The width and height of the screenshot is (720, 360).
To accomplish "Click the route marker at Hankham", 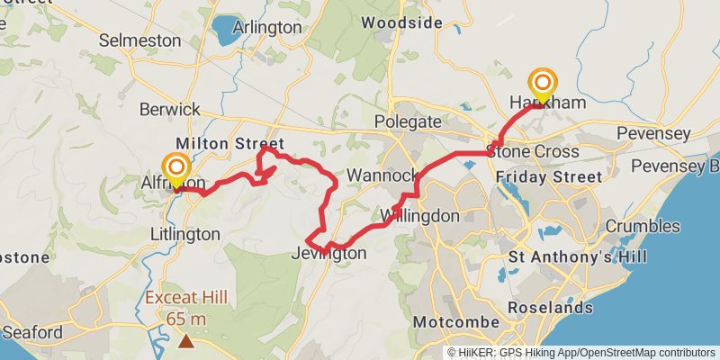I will (x=543, y=84).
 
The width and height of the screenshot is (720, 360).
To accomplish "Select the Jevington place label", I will (x=329, y=254).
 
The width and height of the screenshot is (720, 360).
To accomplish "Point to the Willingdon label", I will (x=419, y=216).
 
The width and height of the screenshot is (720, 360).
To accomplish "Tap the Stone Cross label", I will (x=533, y=151).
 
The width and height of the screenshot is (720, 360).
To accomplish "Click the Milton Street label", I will (x=229, y=144).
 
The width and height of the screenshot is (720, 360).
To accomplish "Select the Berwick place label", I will (x=170, y=109).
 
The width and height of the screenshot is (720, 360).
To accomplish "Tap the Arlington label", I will (x=267, y=27).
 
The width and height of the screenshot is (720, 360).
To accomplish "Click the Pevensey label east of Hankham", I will (x=655, y=134).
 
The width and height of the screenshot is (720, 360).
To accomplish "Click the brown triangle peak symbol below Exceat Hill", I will (x=185, y=341).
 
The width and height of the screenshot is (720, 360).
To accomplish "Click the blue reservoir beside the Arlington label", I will (x=222, y=29).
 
